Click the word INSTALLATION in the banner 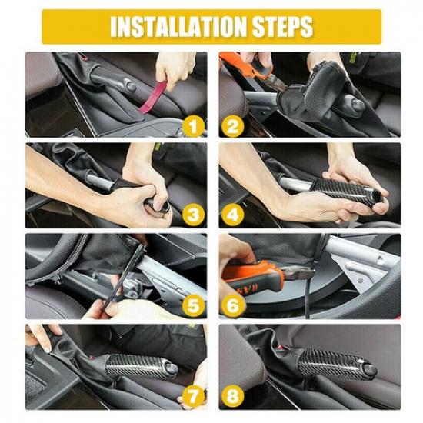[178, 27]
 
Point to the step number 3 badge [195, 213]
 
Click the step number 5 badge [195, 305]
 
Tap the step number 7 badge [195, 395]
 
